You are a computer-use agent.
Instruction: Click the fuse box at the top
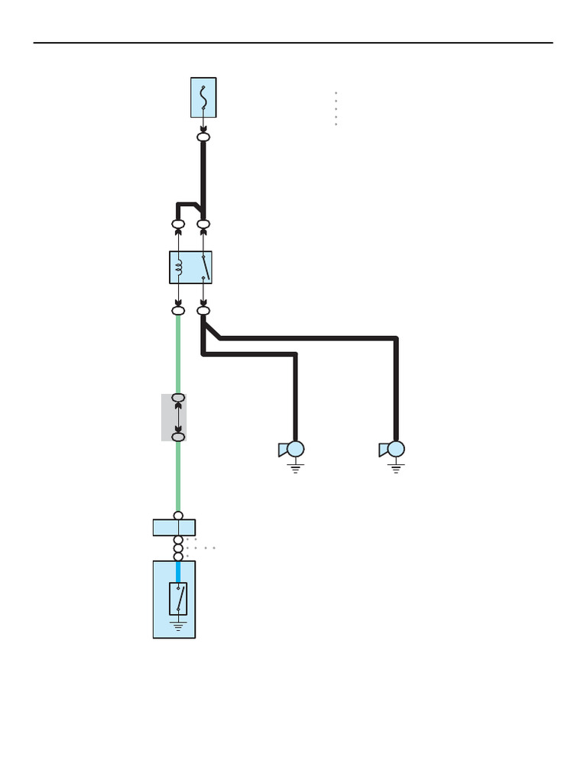[203, 98]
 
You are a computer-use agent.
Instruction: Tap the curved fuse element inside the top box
[203, 95]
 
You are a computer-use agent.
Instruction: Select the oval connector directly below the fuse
[203, 137]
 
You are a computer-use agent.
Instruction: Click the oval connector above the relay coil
[178, 225]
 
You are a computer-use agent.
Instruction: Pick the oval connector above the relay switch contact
[203, 225]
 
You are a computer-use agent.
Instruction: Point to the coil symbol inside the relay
[179, 267]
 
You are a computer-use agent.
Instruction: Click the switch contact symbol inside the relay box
[203, 267]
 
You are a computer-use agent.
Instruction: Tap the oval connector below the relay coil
[178, 311]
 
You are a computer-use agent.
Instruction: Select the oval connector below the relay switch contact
[203, 311]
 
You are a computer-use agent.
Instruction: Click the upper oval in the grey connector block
[179, 399]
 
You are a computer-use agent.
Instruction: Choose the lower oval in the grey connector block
[179, 436]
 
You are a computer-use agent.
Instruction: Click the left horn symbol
[292, 449]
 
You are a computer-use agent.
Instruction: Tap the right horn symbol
[393, 449]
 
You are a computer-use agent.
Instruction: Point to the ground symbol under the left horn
[296, 467]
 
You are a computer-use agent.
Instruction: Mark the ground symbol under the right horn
[396, 467]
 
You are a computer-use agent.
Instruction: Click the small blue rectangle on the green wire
[174, 528]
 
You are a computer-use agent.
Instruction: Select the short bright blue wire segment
[179, 571]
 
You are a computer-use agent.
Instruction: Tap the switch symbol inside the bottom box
[179, 599]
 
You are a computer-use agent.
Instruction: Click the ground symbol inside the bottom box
[179, 626]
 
